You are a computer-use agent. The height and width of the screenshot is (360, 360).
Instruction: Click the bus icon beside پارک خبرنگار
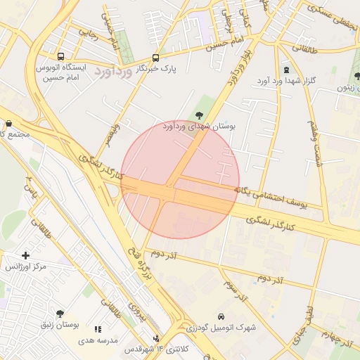(155, 58)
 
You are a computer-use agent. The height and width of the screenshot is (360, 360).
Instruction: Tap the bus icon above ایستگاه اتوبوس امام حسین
(60, 56)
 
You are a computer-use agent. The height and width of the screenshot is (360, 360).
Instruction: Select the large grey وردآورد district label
(112, 72)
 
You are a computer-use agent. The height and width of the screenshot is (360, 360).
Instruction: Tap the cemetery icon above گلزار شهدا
(286, 70)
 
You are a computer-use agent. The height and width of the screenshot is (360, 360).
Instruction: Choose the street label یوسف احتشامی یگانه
(274, 197)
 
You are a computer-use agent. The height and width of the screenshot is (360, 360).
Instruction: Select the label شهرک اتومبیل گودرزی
(221, 328)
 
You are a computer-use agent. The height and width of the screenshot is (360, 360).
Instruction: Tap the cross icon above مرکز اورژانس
(26, 255)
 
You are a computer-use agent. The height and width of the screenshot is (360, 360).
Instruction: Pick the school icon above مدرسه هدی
(98, 328)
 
